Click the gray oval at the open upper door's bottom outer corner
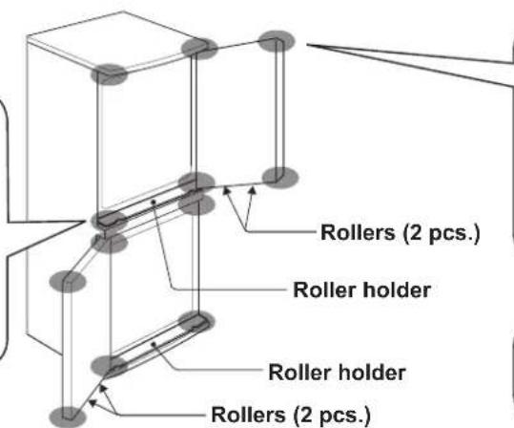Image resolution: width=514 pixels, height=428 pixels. pyautogui.click(x=275, y=175)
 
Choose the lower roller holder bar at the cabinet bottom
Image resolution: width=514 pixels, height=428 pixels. pyautogui.click(x=153, y=343)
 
